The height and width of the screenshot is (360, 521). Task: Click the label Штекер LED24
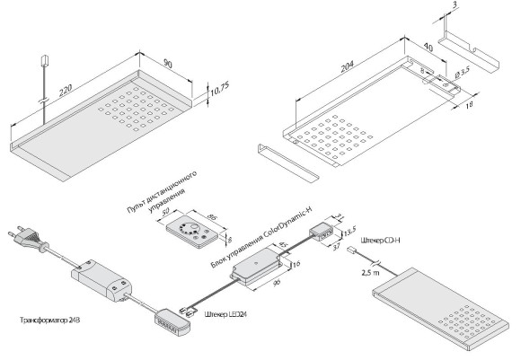pos(227,312)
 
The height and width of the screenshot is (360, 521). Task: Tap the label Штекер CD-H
pos(382,241)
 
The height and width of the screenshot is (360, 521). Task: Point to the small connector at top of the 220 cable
pos(42,62)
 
